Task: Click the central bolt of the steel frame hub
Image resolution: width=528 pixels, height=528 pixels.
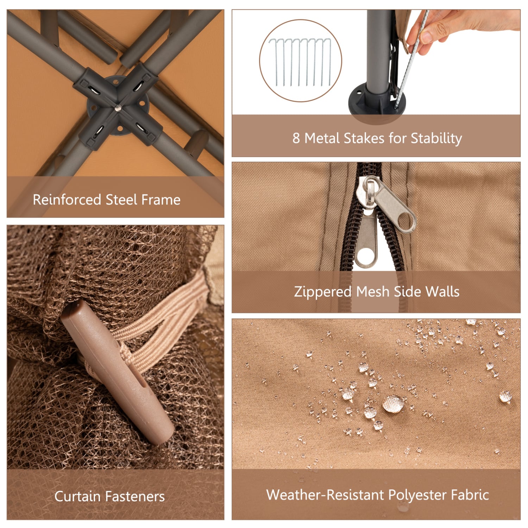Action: [117, 108]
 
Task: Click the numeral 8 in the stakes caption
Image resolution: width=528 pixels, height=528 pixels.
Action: [296, 138]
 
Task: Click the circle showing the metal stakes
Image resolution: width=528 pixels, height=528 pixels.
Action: [301, 61]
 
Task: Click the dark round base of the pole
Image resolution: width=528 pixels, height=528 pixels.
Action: [377, 102]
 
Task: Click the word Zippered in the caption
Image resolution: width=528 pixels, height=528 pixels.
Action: [323, 292]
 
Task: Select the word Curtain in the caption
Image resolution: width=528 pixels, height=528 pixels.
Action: [77, 496]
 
